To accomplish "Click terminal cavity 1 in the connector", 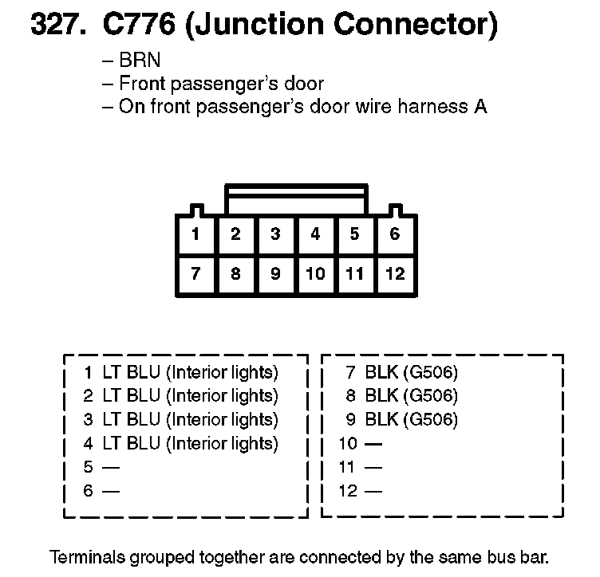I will click(196, 234).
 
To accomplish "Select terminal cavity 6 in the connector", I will click(395, 234).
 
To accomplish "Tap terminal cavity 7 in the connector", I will click(196, 274).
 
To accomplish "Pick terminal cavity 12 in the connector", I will click(395, 274).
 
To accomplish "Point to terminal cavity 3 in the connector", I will click(275, 234).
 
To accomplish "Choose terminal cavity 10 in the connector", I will click(315, 274).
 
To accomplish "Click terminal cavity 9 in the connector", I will click(275, 274).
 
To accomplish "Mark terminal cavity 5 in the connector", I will click(355, 234).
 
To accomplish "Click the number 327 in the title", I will click(57, 26).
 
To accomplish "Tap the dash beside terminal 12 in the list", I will click(373, 491).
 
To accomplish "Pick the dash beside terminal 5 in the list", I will click(111, 467).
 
